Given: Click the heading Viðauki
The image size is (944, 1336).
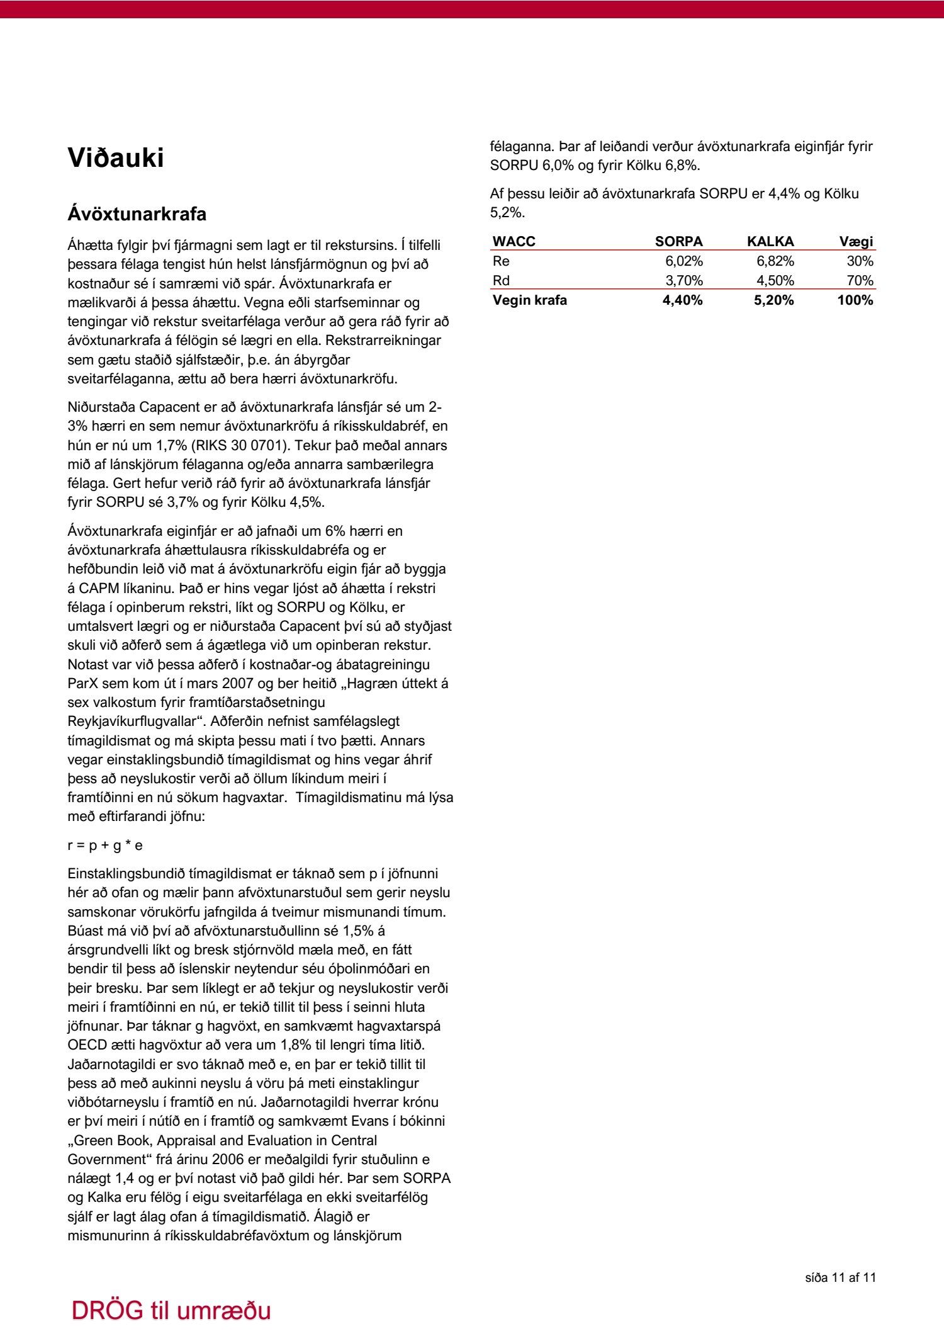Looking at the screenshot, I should [116, 158].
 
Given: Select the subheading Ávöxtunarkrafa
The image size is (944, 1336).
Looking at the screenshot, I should [137, 214].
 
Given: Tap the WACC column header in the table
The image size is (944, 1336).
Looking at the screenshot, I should [514, 242].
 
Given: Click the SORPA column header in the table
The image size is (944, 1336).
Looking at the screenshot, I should [678, 242].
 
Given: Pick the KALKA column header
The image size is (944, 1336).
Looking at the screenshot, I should [770, 242].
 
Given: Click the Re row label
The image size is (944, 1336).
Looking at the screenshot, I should [501, 261].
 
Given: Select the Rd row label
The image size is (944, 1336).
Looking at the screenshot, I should [501, 280].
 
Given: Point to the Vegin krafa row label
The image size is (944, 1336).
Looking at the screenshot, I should [529, 300].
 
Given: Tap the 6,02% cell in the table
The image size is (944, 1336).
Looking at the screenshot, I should [684, 261].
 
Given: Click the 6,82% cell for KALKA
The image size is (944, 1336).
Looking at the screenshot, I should [775, 261].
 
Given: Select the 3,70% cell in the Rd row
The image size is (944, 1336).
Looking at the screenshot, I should [684, 280].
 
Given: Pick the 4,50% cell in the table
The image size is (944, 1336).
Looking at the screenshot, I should [775, 280].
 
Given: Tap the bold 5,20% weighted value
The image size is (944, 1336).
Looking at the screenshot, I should [774, 300].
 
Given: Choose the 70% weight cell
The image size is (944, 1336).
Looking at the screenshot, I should [860, 280].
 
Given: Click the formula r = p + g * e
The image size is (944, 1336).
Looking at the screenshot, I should [104, 845].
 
